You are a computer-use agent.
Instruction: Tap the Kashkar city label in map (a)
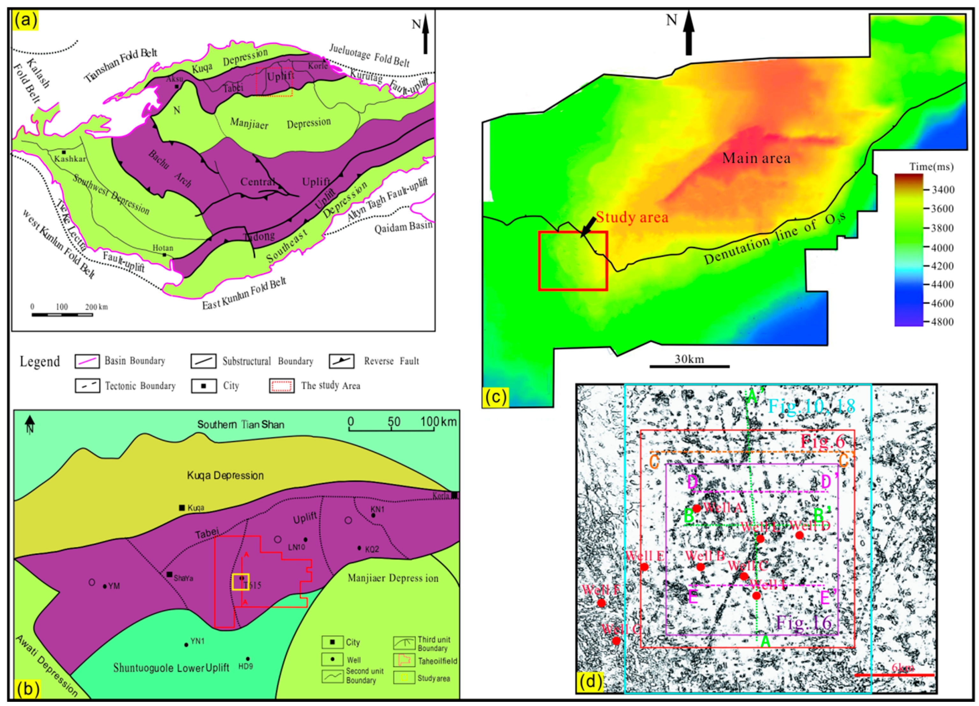pyautogui.click(x=70, y=159)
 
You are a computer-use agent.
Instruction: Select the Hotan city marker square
pyautogui.click(x=164, y=255)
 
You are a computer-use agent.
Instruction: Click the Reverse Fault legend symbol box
pyautogui.click(x=341, y=361)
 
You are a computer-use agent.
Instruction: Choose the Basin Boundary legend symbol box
pyautogui.click(x=87, y=361)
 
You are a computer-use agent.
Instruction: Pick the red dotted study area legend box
pyautogui.click(x=281, y=385)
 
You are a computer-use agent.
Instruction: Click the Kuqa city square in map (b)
pyautogui.click(x=182, y=507)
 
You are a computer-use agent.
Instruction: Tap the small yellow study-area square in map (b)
pyautogui.click(x=240, y=581)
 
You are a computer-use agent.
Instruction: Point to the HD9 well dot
pyautogui.click(x=248, y=659)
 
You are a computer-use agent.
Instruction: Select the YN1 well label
pyautogui.click(x=197, y=641)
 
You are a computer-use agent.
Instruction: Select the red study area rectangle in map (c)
pyautogui.click(x=573, y=261)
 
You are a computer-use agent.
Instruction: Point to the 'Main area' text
pyautogui.click(x=756, y=158)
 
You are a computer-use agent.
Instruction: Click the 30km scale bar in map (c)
pyautogui.click(x=689, y=366)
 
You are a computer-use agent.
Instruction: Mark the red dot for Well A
pyautogui.click(x=697, y=508)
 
